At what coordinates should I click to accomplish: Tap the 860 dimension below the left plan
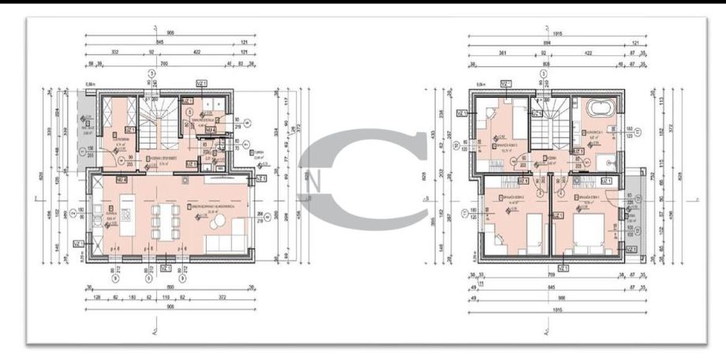pyautogui.click(x=168, y=289)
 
